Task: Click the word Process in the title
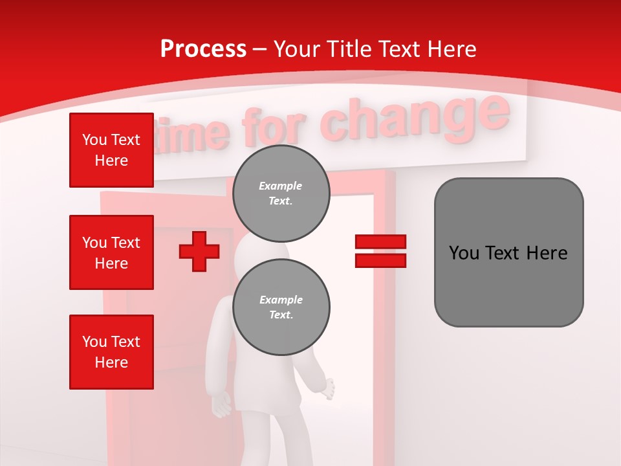203,49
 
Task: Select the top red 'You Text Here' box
111,150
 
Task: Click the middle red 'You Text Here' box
111,252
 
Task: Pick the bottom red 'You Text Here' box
111,352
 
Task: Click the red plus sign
199,251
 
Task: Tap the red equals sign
380,251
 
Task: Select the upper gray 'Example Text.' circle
281,194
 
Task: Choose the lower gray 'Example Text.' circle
281,307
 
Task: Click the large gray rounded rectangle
508,252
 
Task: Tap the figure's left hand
221,405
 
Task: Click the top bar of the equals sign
380,241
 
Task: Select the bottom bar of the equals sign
380,261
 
